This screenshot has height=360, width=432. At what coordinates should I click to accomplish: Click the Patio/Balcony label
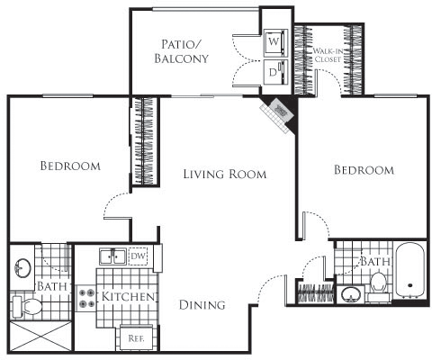click(x=184, y=51)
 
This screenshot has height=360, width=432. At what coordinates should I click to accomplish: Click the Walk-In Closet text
click(x=327, y=59)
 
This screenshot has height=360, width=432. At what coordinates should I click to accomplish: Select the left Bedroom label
click(x=69, y=166)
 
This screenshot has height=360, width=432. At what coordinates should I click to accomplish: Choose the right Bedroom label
click(x=363, y=169)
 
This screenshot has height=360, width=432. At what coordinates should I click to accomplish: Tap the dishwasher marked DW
click(x=138, y=256)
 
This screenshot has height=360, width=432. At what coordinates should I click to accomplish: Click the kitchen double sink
click(x=112, y=256)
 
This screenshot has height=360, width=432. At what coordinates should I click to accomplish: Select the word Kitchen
click(x=130, y=297)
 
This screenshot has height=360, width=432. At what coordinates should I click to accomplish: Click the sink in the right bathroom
click(x=350, y=294)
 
